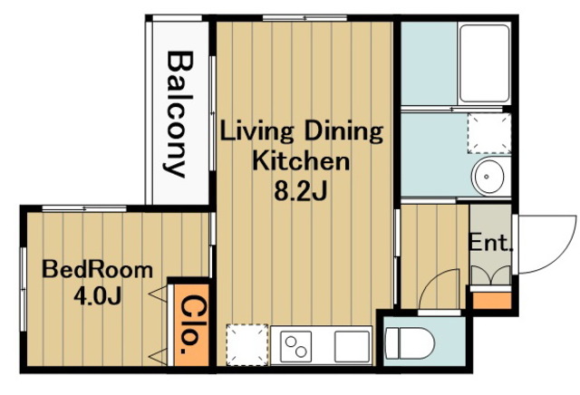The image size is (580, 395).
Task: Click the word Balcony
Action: pos(179,114)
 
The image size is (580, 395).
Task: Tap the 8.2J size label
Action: pos(300,191)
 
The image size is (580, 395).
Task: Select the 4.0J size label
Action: pos(98,295)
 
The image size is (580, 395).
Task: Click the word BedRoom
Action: pos(97,270)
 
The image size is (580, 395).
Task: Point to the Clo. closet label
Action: pos(189,324)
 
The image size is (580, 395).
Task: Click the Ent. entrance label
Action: pos(491,243)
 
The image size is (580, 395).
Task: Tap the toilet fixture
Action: pos(409,342)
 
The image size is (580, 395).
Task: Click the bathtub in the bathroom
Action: pos(484,63)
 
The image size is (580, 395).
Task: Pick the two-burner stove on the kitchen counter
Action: pos(295,347)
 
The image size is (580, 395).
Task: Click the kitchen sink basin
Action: pos(352,347)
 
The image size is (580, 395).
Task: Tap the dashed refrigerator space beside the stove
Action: pos(247,344)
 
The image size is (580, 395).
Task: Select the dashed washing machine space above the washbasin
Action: pos(489,133)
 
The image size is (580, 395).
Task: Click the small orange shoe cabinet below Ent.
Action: pos(492,301)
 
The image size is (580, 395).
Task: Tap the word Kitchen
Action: pos(301,161)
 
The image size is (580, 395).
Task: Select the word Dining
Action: pos(343,132)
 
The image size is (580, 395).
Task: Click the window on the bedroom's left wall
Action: pos(24,289)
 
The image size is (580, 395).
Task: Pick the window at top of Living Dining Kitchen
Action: pos(304,18)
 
